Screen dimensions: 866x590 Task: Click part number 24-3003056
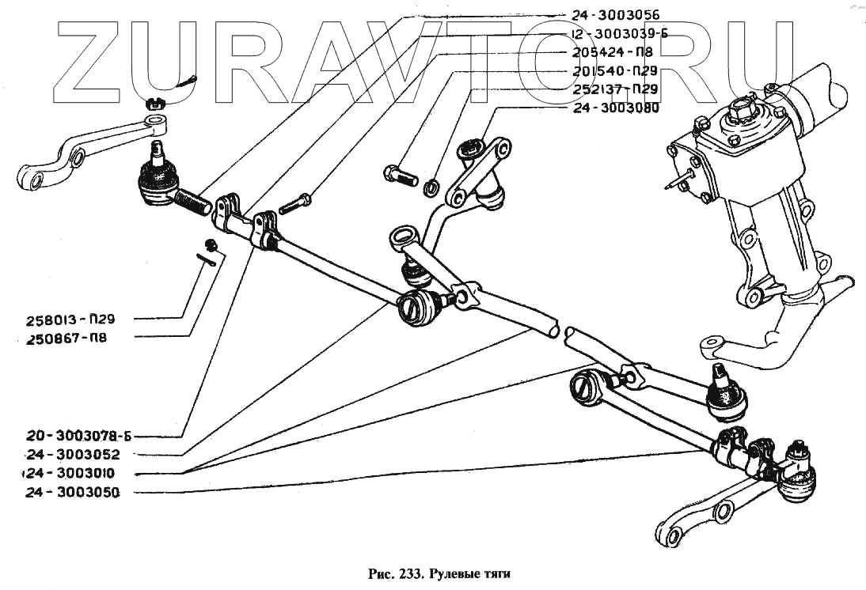pyautogui.click(x=614, y=14)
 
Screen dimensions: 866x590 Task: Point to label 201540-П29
pyautogui.click(x=614, y=71)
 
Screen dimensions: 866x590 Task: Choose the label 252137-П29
pyautogui.click(x=614, y=89)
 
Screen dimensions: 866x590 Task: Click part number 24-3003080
pyautogui.click(x=614, y=108)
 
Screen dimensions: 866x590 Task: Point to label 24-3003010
pyautogui.click(x=72, y=473)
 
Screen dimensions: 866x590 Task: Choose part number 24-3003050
pyautogui.click(x=72, y=492)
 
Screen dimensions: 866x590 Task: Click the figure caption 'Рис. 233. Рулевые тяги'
pyautogui.click(x=435, y=572)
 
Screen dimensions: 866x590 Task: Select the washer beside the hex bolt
pyautogui.click(x=432, y=187)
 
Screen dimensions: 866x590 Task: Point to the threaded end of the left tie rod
pyautogui.click(x=194, y=202)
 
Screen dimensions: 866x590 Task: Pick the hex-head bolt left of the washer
pyautogui.click(x=401, y=175)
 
